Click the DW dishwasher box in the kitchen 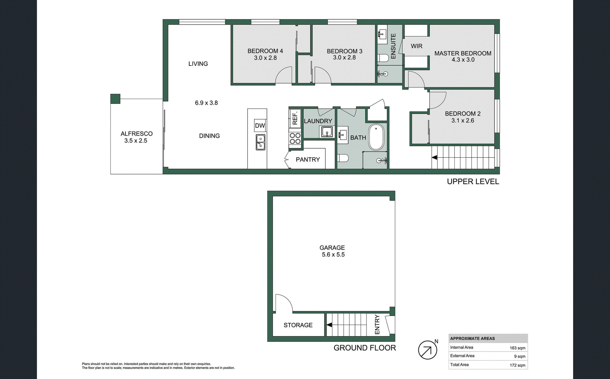(x=260, y=125)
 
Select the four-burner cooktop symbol (x=295, y=139)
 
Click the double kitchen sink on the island (x=261, y=142)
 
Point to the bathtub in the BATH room (x=376, y=137)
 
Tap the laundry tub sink (x=327, y=132)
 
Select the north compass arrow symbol (x=427, y=350)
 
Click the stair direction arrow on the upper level (x=434, y=158)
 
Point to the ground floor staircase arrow (x=329, y=325)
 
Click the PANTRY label (x=308, y=159)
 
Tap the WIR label (x=417, y=46)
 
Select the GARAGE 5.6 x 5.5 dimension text (x=333, y=254)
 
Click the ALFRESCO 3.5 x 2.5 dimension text (x=136, y=141)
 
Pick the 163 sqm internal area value (x=517, y=348)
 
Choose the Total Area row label (x=459, y=365)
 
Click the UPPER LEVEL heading (x=473, y=181)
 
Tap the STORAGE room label (x=298, y=325)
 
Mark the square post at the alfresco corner (x=115, y=98)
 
